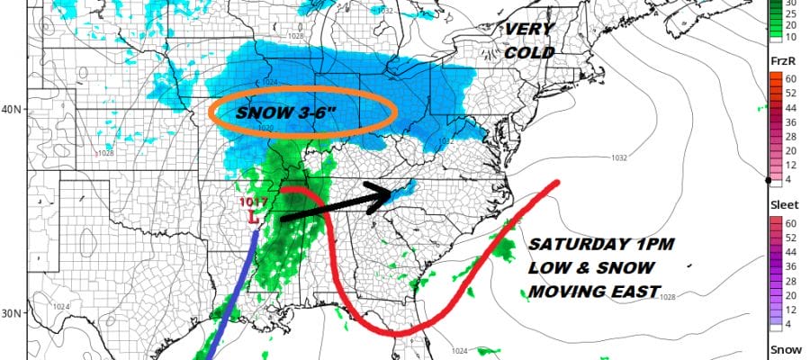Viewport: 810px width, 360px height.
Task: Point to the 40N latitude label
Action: pyautogui.click(x=12, y=110)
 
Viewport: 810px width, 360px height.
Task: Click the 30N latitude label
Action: pyautogui.click(x=12, y=313)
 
